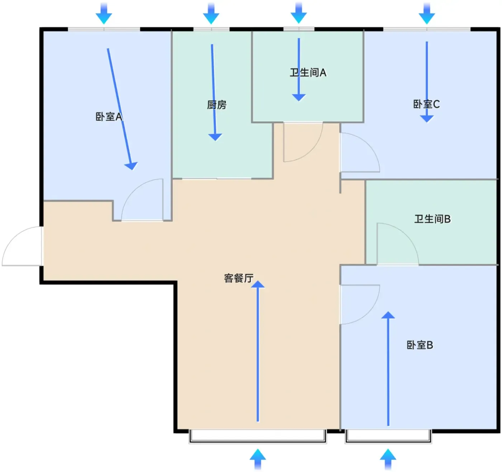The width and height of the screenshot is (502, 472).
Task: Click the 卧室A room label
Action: coord(109,117)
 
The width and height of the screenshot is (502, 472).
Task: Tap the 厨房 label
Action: coord(217,105)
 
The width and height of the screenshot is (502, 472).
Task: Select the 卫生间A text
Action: coord(308,73)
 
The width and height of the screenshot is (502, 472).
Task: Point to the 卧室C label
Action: coord(426,104)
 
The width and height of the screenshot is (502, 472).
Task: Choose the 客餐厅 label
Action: coord(238,278)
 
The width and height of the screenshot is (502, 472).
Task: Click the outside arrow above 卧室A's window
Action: coord(104,13)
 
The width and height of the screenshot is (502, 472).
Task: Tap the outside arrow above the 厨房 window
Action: coord(211,13)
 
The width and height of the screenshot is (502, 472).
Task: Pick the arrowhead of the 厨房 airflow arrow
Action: coord(215,137)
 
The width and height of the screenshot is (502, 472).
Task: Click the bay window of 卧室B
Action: coord(388,437)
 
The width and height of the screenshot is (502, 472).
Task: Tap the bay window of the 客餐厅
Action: coord(257,437)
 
